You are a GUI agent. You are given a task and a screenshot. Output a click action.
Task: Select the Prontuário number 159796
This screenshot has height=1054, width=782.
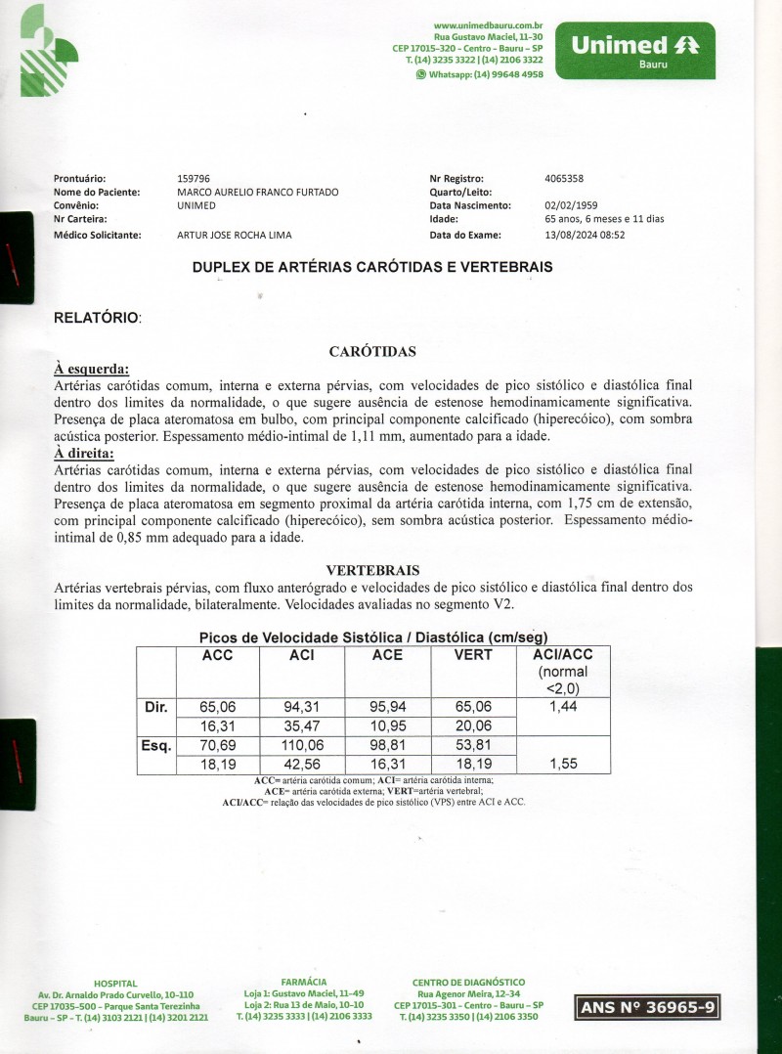point(194,179)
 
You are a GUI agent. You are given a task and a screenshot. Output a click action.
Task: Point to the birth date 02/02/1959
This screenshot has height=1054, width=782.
point(569,206)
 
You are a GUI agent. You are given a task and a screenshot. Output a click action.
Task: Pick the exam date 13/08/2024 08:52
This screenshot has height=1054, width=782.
point(585,235)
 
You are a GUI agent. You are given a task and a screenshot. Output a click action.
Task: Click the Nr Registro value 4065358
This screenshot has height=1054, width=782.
point(564,179)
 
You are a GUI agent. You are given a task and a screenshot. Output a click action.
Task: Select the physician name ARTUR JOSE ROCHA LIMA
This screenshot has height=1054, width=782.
point(234,235)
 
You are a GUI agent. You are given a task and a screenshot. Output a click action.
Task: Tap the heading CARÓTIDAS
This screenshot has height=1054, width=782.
point(373,351)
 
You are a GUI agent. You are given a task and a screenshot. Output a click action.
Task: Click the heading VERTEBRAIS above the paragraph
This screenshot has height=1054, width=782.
point(373,569)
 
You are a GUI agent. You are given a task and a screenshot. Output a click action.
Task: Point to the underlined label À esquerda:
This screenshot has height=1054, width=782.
point(92,369)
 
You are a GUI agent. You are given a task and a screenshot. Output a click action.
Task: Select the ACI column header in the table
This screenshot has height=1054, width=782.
point(302,655)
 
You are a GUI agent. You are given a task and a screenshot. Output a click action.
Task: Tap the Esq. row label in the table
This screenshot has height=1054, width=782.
point(156,746)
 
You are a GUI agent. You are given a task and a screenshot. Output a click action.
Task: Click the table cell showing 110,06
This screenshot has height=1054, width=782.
point(302,746)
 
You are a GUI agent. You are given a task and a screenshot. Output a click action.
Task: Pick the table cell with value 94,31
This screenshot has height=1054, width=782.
point(302,707)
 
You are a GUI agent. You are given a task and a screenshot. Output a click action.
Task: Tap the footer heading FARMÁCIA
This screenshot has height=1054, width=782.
point(303,981)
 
